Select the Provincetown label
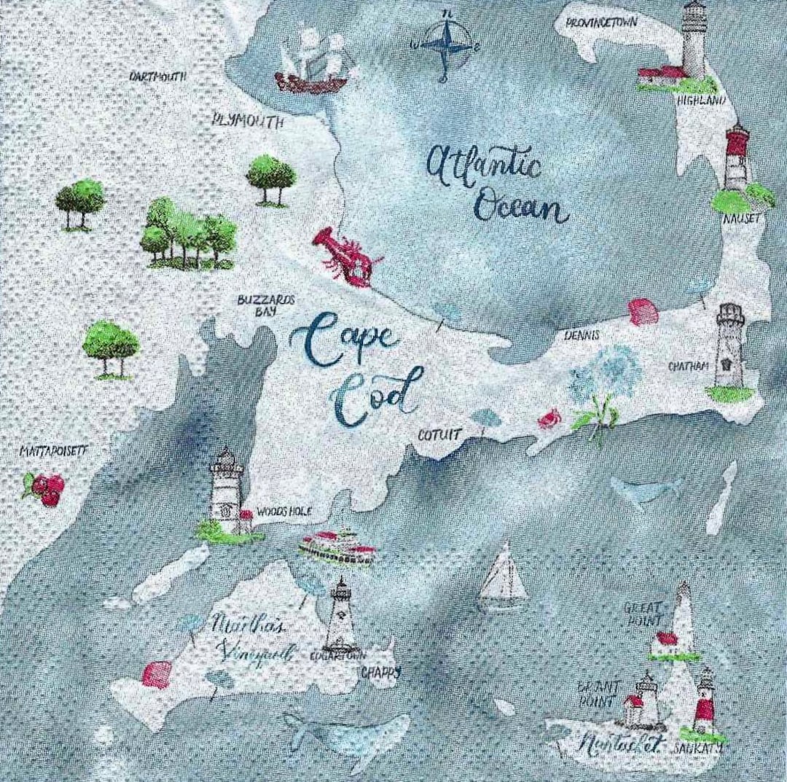(x=603, y=23)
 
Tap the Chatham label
(x=689, y=366)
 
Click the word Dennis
(x=582, y=336)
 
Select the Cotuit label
(x=440, y=435)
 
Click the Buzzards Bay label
(x=254, y=305)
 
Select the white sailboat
(x=502, y=577)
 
